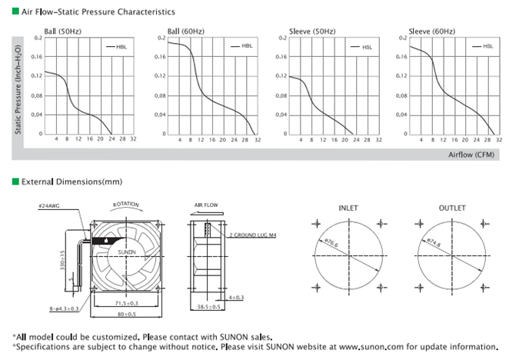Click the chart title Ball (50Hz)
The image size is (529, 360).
click(x=61, y=31)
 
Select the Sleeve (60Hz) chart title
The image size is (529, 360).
click(x=430, y=31)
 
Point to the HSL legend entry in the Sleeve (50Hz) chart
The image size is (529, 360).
click(x=366, y=47)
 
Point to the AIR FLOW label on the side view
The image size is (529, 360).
click(x=207, y=206)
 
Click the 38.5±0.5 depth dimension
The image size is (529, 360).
click(x=208, y=306)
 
